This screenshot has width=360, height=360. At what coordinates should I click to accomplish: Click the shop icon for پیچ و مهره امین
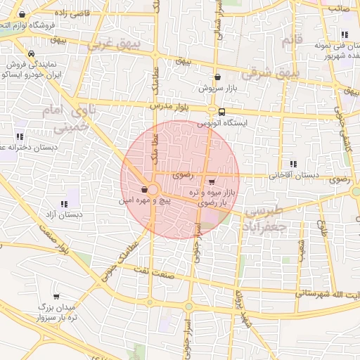(x=144, y=189)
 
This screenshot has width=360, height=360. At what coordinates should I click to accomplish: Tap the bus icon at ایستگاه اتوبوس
(x=222, y=112)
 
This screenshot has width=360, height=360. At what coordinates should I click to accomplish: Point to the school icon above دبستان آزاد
(x=68, y=204)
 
